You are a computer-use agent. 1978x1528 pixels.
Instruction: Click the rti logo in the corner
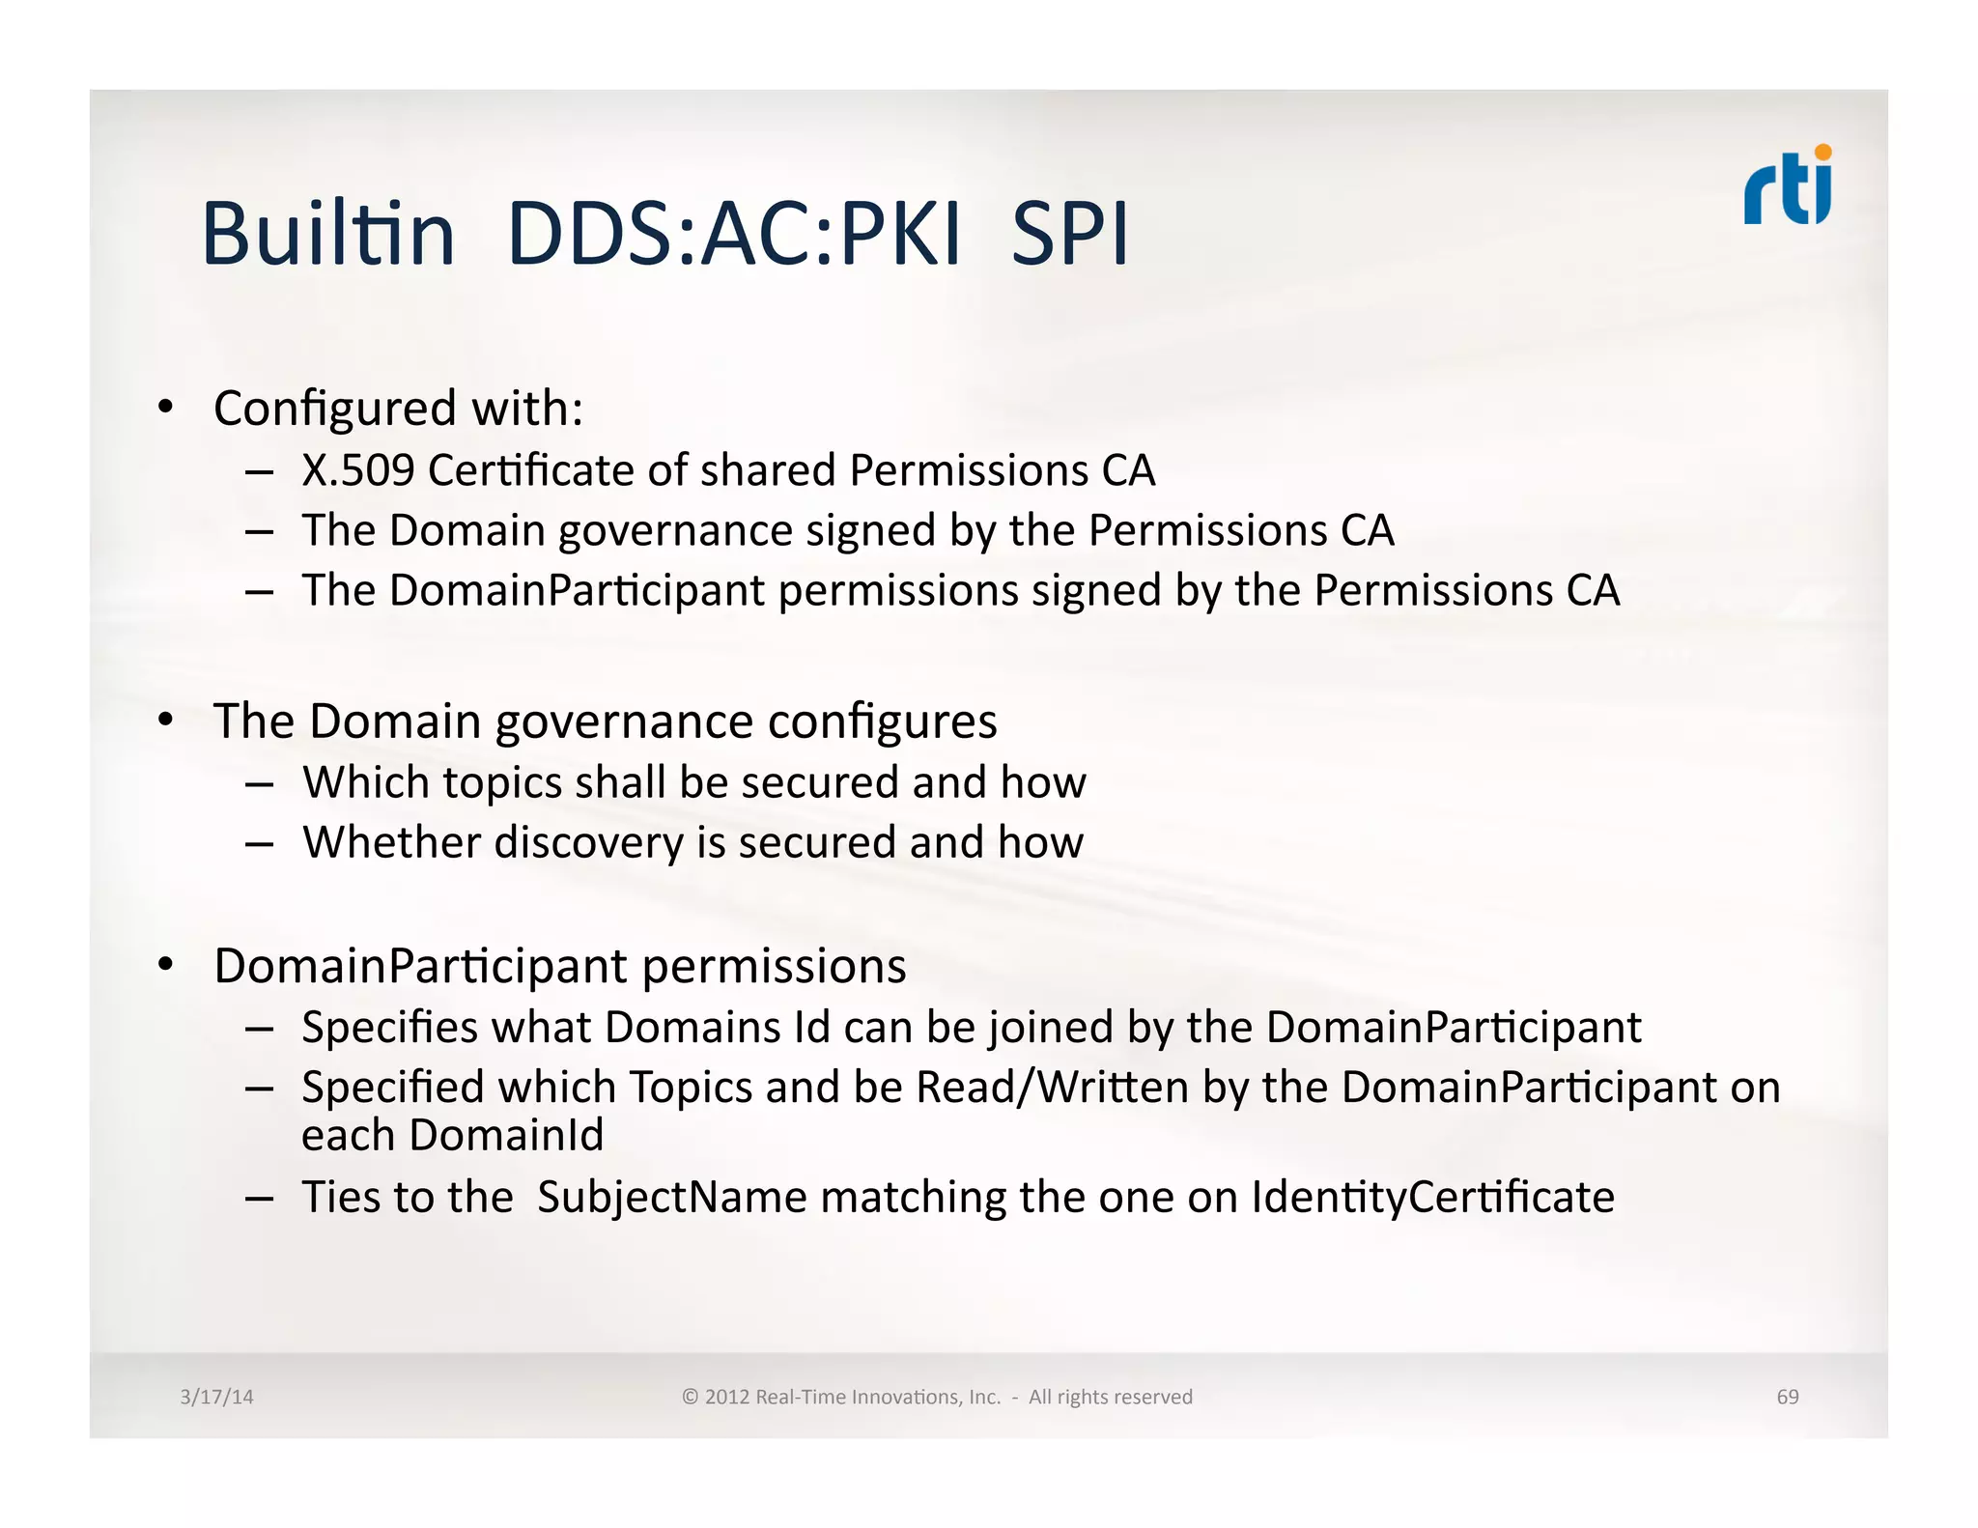[x=1788, y=185]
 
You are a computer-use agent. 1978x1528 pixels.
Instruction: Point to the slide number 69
[x=1788, y=1397]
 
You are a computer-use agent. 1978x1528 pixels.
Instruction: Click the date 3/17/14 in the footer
[x=216, y=1397]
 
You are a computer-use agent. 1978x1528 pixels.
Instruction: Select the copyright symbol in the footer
[x=690, y=1397]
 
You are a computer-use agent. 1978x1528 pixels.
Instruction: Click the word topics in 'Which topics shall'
[x=502, y=782]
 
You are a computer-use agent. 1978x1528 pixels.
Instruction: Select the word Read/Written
[x=1052, y=1088]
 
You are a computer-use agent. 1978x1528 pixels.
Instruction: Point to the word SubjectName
[x=671, y=1198]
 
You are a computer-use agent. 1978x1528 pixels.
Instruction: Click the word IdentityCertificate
[x=1433, y=1198]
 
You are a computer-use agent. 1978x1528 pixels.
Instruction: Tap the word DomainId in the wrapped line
[x=506, y=1136]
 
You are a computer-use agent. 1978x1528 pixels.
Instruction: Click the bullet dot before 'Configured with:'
[x=166, y=408]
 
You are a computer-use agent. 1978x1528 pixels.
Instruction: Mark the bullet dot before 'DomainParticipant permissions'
[x=166, y=964]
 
